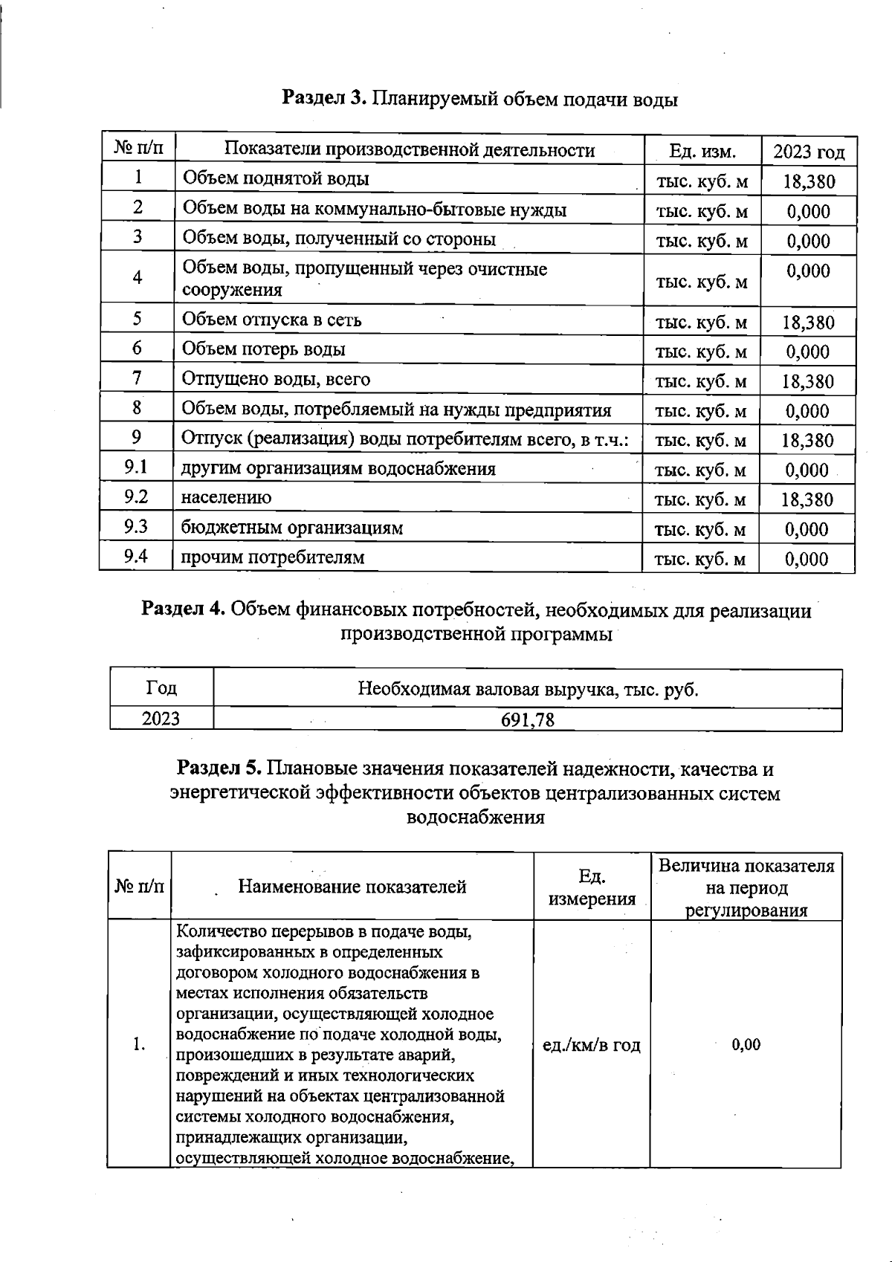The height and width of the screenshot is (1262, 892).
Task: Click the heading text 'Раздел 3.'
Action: click(325, 99)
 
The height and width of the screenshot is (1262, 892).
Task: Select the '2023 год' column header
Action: click(809, 152)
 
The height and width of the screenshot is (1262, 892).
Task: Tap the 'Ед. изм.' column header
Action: click(702, 152)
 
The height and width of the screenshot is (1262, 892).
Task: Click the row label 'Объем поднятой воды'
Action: click(276, 178)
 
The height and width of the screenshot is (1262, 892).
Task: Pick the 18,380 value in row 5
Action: click(808, 323)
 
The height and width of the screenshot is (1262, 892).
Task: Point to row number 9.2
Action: click(136, 497)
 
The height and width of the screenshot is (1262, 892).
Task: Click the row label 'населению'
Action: click(226, 498)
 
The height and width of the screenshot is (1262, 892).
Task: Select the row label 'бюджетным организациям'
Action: click(292, 528)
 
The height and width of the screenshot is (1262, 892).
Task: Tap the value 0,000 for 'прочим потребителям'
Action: click(807, 559)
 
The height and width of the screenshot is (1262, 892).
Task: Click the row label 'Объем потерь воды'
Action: click(264, 349)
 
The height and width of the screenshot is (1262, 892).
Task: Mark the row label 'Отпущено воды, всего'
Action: click(276, 379)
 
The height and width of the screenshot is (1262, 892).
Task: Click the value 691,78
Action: click(527, 719)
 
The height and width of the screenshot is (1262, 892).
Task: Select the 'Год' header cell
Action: click(161, 688)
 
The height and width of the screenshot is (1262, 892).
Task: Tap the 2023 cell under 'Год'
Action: click(161, 719)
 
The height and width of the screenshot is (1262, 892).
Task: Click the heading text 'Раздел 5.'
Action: click(219, 768)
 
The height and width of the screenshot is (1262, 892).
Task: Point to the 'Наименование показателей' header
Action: click(352, 886)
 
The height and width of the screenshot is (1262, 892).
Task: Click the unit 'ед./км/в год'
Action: click(592, 1045)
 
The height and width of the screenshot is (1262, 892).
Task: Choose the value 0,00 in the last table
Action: click(746, 1045)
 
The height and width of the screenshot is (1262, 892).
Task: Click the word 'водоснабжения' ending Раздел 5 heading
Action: click(476, 818)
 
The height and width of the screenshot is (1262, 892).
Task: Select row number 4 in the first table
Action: click(138, 277)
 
